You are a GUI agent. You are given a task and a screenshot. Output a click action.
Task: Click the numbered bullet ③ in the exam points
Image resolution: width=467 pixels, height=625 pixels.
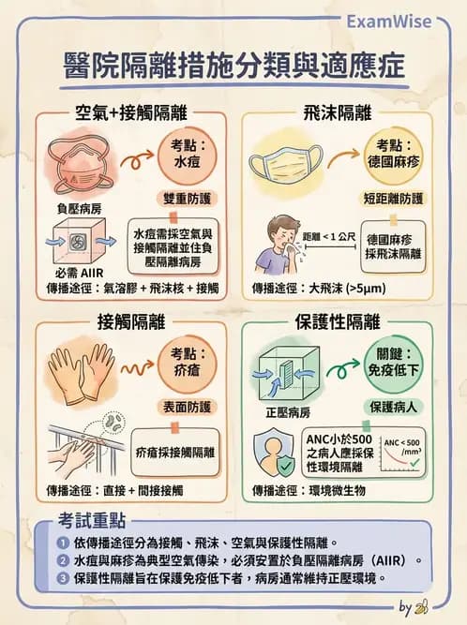(62, 577)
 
